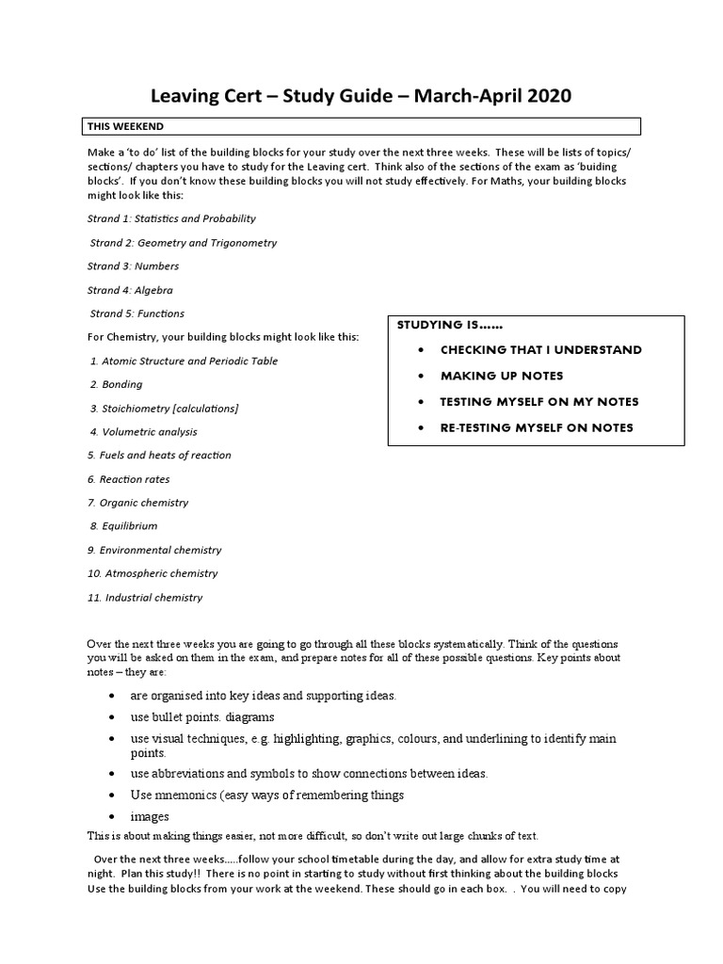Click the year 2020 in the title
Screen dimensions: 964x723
[x=544, y=96]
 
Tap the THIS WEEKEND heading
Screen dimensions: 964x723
[x=125, y=126]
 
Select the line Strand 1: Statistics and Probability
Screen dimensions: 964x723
[x=171, y=218]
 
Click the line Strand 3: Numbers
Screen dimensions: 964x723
[x=133, y=266]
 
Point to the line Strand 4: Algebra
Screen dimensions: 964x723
[x=130, y=290]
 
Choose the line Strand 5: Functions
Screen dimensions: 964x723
[x=137, y=313]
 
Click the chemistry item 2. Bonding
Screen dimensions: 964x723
[x=117, y=384]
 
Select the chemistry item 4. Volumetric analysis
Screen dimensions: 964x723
[x=144, y=431]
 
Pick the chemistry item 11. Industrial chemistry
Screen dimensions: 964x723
[x=145, y=597]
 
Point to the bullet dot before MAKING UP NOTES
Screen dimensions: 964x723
[x=418, y=376]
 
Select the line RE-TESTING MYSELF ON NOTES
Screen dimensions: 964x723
[x=537, y=427]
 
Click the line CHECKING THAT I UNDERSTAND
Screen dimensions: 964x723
[x=540, y=349]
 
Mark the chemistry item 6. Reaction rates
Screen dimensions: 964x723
[x=129, y=479]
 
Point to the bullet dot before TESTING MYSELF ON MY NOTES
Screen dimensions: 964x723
[x=418, y=402]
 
